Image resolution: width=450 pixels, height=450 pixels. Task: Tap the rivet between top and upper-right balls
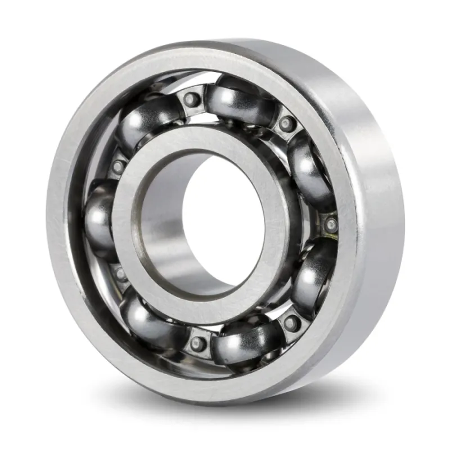pyautogui.click(x=287, y=123)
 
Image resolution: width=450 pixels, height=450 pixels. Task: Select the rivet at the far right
pyautogui.click(x=331, y=224)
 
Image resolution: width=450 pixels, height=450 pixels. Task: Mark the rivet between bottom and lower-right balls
pyautogui.click(x=291, y=323)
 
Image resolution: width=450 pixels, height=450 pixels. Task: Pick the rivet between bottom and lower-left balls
pyautogui.click(x=197, y=343)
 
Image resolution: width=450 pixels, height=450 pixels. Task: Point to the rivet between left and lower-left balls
pyautogui.click(x=120, y=274)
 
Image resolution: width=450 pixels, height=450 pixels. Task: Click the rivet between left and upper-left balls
pyautogui.click(x=118, y=167)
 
